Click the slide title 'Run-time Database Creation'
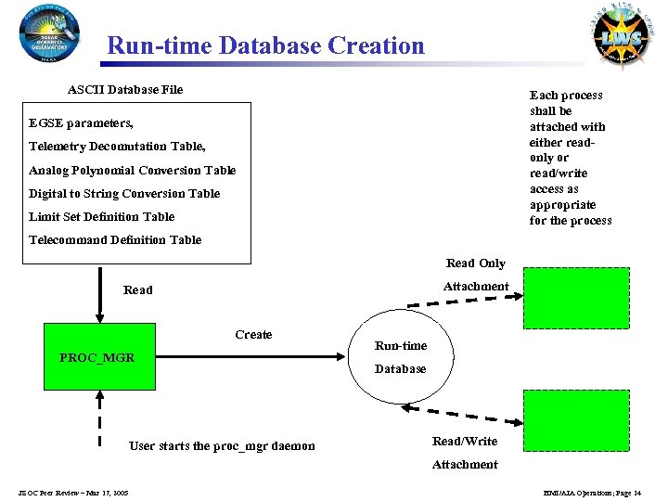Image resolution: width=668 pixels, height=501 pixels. coord(265,45)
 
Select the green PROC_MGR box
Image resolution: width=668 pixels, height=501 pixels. coord(96,357)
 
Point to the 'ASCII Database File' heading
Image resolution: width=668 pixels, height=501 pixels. coord(125,90)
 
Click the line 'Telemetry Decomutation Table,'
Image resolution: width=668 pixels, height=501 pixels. coord(117,147)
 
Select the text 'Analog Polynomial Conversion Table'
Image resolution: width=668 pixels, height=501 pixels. coord(133,171)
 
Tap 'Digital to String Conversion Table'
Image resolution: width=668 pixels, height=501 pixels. coord(124,194)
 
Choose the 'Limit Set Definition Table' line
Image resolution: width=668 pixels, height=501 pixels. coord(101,217)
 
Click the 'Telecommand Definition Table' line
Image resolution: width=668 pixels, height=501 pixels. coord(115,240)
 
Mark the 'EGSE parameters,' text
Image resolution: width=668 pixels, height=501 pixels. coord(81,123)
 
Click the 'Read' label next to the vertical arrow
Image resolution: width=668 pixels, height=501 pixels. coord(138,290)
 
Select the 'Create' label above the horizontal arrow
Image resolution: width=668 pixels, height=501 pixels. coord(253,335)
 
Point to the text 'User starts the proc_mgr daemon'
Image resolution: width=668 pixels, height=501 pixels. coord(222,446)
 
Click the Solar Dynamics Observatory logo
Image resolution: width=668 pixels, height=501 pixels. coord(50,32)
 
